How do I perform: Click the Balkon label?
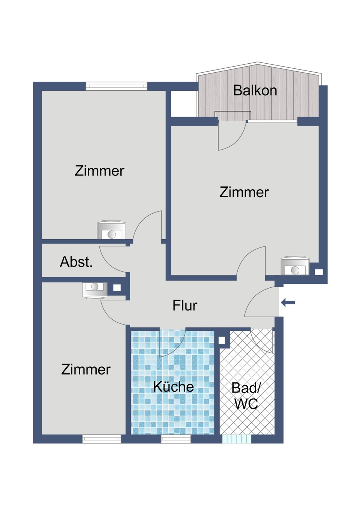pos(255,90)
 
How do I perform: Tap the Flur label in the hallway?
pos(185,305)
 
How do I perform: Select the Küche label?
pos(173,387)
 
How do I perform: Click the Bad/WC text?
pos(246,396)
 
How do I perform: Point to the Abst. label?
pos(76,262)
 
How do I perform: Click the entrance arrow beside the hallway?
pos(288,303)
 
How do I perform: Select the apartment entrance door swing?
pos(260,302)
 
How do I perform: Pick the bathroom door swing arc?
pos(262,340)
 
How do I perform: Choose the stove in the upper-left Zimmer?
pos(112,230)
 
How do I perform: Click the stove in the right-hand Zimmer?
pos(295,266)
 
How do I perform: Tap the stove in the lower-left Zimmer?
pos(95,290)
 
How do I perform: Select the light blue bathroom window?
pos(236,439)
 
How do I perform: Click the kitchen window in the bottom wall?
pos(176,439)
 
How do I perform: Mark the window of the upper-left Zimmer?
pos(117,86)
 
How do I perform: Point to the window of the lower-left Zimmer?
pos(102,439)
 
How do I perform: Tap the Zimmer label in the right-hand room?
pos(244,192)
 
